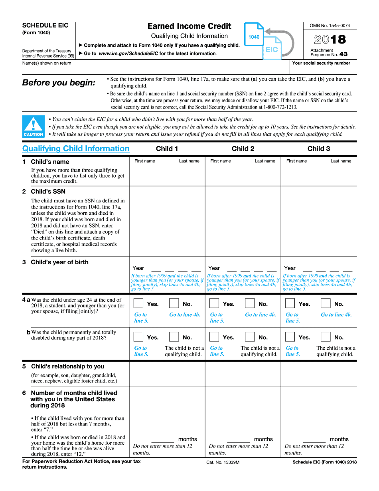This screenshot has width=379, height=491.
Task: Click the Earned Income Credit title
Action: click(x=189, y=26)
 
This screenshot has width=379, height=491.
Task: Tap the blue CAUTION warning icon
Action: click(x=33, y=127)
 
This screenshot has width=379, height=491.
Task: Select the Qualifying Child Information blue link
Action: click(x=76, y=148)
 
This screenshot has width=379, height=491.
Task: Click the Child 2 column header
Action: click(x=243, y=148)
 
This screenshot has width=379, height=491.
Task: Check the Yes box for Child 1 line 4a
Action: click(x=138, y=303)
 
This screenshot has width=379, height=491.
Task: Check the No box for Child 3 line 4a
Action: click(x=326, y=303)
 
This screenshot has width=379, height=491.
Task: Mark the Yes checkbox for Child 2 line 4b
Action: click(x=214, y=337)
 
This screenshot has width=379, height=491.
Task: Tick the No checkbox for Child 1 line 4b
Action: click(x=174, y=337)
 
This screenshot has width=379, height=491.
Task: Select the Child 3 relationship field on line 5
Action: click(x=319, y=374)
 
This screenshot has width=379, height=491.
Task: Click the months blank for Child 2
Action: click(x=238, y=440)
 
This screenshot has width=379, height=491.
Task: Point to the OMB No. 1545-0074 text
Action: click(x=330, y=26)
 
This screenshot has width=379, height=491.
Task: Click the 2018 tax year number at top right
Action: click(x=330, y=40)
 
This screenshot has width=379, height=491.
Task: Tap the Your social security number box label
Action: click(x=321, y=63)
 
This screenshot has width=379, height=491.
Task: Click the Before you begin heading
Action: click(x=59, y=83)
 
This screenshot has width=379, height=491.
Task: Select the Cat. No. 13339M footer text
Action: click(x=223, y=462)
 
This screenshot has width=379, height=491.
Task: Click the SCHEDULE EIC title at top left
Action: click(x=45, y=25)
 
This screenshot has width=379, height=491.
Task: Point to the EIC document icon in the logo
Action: click(x=272, y=49)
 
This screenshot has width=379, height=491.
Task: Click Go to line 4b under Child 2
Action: click(x=261, y=315)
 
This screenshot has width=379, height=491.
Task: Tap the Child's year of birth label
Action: click(x=59, y=262)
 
